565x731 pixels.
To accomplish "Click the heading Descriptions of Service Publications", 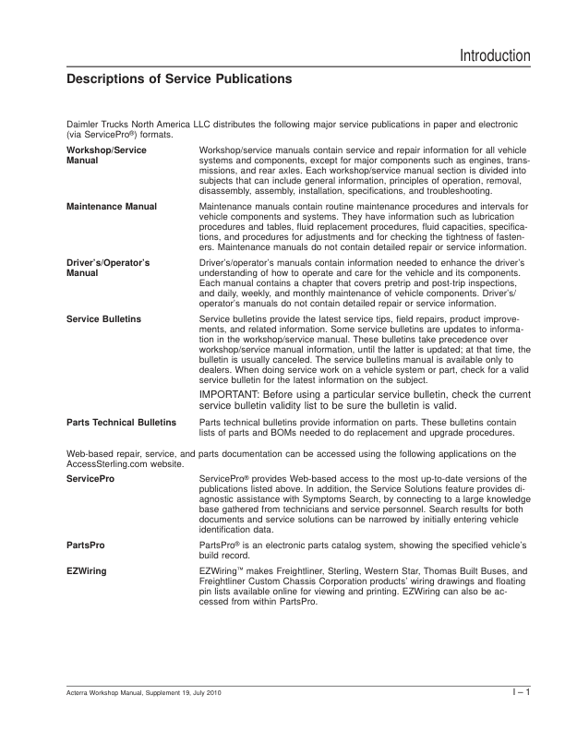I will point(180,80).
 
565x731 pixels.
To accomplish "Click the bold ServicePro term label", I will point(90,477).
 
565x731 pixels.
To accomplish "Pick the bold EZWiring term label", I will point(86,572).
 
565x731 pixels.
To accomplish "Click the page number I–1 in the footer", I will point(522,692).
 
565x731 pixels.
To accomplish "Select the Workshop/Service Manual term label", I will point(106,155).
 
